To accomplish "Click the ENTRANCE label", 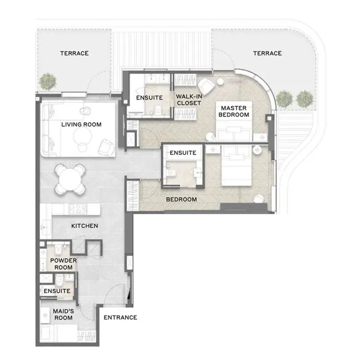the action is click(x=120, y=317).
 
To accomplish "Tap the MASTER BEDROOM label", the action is click(x=234, y=111).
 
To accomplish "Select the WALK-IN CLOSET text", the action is click(x=189, y=100).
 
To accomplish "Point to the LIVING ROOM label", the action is click(x=81, y=124).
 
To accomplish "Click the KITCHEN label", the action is click(x=84, y=226).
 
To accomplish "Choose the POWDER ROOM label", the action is click(x=63, y=264).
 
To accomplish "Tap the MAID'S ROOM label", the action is click(x=63, y=315).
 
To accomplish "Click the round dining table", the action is click(x=70, y=180).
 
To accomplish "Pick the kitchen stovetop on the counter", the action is click(x=78, y=209).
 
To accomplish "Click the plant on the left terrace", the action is click(x=47, y=81).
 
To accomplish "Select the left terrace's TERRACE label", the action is click(x=74, y=53).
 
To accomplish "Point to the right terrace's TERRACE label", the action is click(x=267, y=53).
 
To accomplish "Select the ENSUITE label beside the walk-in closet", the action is click(x=150, y=98).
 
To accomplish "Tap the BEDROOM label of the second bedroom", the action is click(x=181, y=199).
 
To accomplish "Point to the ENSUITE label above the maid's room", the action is click(x=57, y=291).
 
